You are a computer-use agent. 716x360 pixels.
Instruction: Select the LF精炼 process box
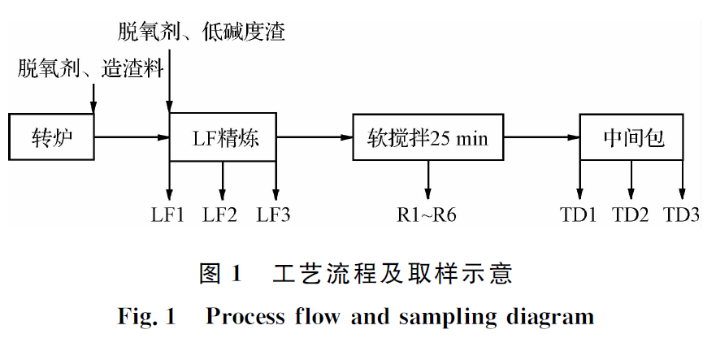[224, 137]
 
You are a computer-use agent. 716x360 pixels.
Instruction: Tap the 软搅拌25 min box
[427, 137]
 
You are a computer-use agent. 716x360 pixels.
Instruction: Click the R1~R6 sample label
[427, 215]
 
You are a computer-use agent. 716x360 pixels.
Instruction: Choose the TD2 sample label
[631, 215]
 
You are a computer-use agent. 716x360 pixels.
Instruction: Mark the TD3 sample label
[683, 215]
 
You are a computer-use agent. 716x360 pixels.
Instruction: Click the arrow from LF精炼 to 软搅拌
[317, 137]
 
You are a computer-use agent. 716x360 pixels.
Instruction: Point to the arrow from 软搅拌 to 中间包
[540, 137]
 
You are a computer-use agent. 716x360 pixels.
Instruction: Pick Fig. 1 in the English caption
[147, 315]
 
